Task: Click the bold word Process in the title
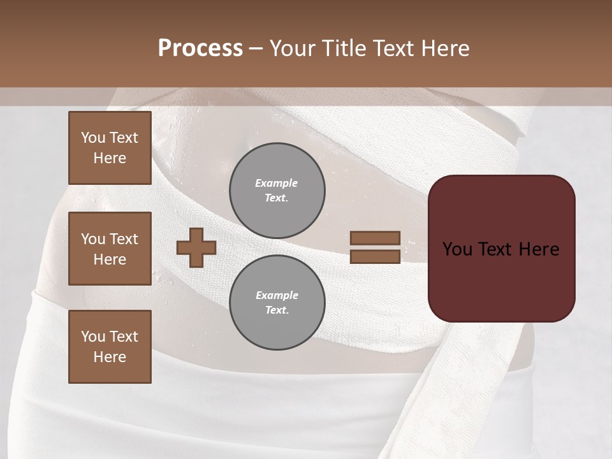200,48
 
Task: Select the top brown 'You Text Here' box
110,148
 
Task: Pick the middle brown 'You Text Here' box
110,249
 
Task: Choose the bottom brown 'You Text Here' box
110,347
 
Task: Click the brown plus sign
196,247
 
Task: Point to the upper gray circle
277,191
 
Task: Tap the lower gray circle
277,303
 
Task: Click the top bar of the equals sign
375,238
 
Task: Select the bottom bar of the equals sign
375,256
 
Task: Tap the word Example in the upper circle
277,183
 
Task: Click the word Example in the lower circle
277,295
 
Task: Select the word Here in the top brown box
110,158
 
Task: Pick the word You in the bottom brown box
93,337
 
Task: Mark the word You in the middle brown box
93,239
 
